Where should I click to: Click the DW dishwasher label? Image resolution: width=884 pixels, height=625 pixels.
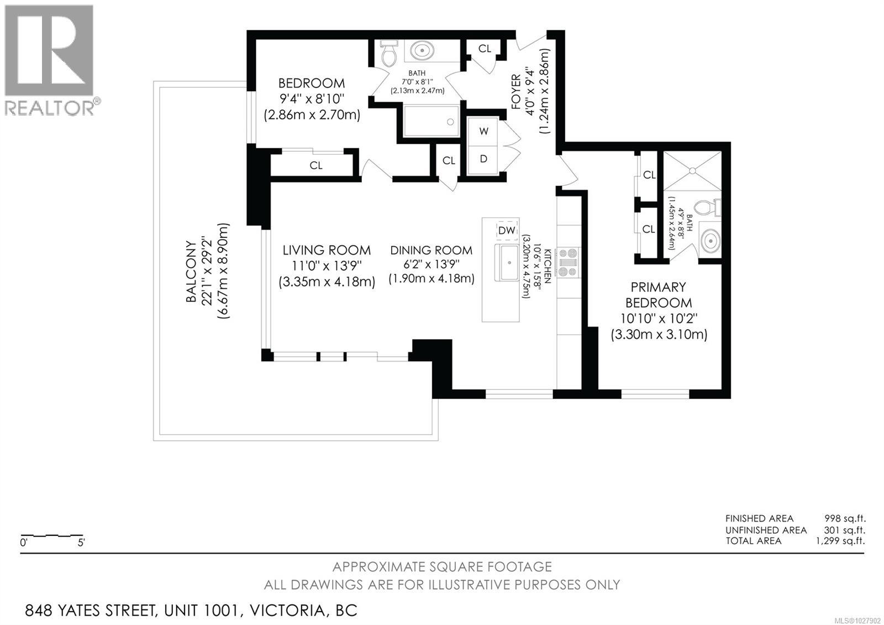pos(507,230)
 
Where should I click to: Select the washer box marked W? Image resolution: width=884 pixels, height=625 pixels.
pos(484,131)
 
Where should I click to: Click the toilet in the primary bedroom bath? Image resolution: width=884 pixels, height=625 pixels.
pos(707,208)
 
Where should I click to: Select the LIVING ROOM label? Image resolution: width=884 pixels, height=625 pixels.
pos(327,250)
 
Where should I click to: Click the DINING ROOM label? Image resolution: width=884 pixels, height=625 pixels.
pos(431,251)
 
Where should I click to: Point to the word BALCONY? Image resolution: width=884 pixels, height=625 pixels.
pos(191,271)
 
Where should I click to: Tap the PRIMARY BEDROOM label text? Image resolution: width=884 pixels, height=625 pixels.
pos(658,295)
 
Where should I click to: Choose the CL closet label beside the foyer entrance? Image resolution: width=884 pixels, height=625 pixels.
pos(485,49)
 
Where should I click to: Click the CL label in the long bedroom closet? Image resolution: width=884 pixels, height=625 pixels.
pos(316,165)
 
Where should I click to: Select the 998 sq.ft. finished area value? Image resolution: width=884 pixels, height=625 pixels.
pos(845,518)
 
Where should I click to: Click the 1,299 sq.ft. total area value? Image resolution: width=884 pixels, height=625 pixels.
pos(840,541)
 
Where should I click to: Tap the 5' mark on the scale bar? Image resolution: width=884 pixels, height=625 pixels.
pos(81,543)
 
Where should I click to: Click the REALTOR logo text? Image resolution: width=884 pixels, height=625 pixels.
pos(50,107)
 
